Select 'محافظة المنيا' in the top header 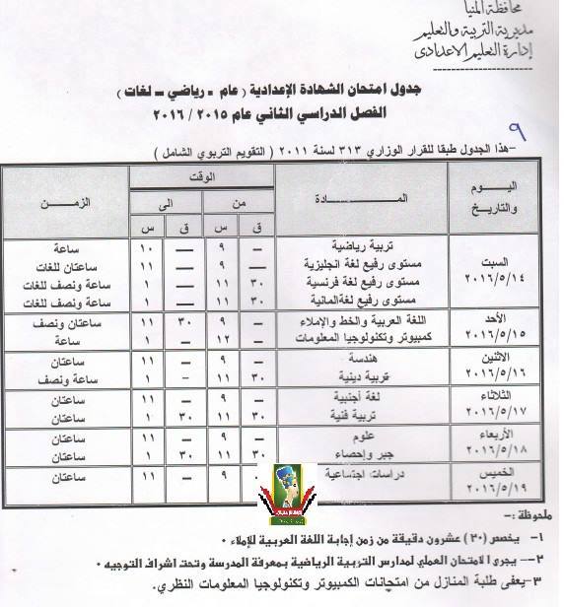pos(513,9)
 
